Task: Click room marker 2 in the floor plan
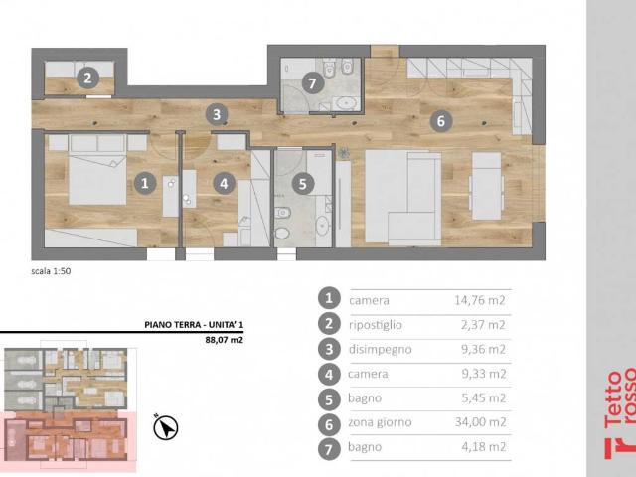click(87, 78)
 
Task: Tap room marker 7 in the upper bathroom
click(312, 83)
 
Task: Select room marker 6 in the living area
click(441, 121)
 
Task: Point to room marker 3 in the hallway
click(217, 114)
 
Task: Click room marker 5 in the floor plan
click(303, 184)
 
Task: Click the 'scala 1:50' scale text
click(51, 271)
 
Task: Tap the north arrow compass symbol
click(166, 427)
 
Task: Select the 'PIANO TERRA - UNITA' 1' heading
click(194, 325)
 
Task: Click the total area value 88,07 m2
click(224, 340)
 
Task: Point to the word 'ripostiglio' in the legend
click(376, 325)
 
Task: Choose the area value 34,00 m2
click(481, 422)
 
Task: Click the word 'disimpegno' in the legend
click(380, 349)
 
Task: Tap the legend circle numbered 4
click(329, 374)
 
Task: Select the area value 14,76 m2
click(480, 300)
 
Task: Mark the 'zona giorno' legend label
click(380, 422)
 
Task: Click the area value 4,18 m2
click(484, 447)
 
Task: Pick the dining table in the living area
click(487, 186)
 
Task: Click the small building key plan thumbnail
click(69, 405)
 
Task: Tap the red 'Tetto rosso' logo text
click(620, 413)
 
